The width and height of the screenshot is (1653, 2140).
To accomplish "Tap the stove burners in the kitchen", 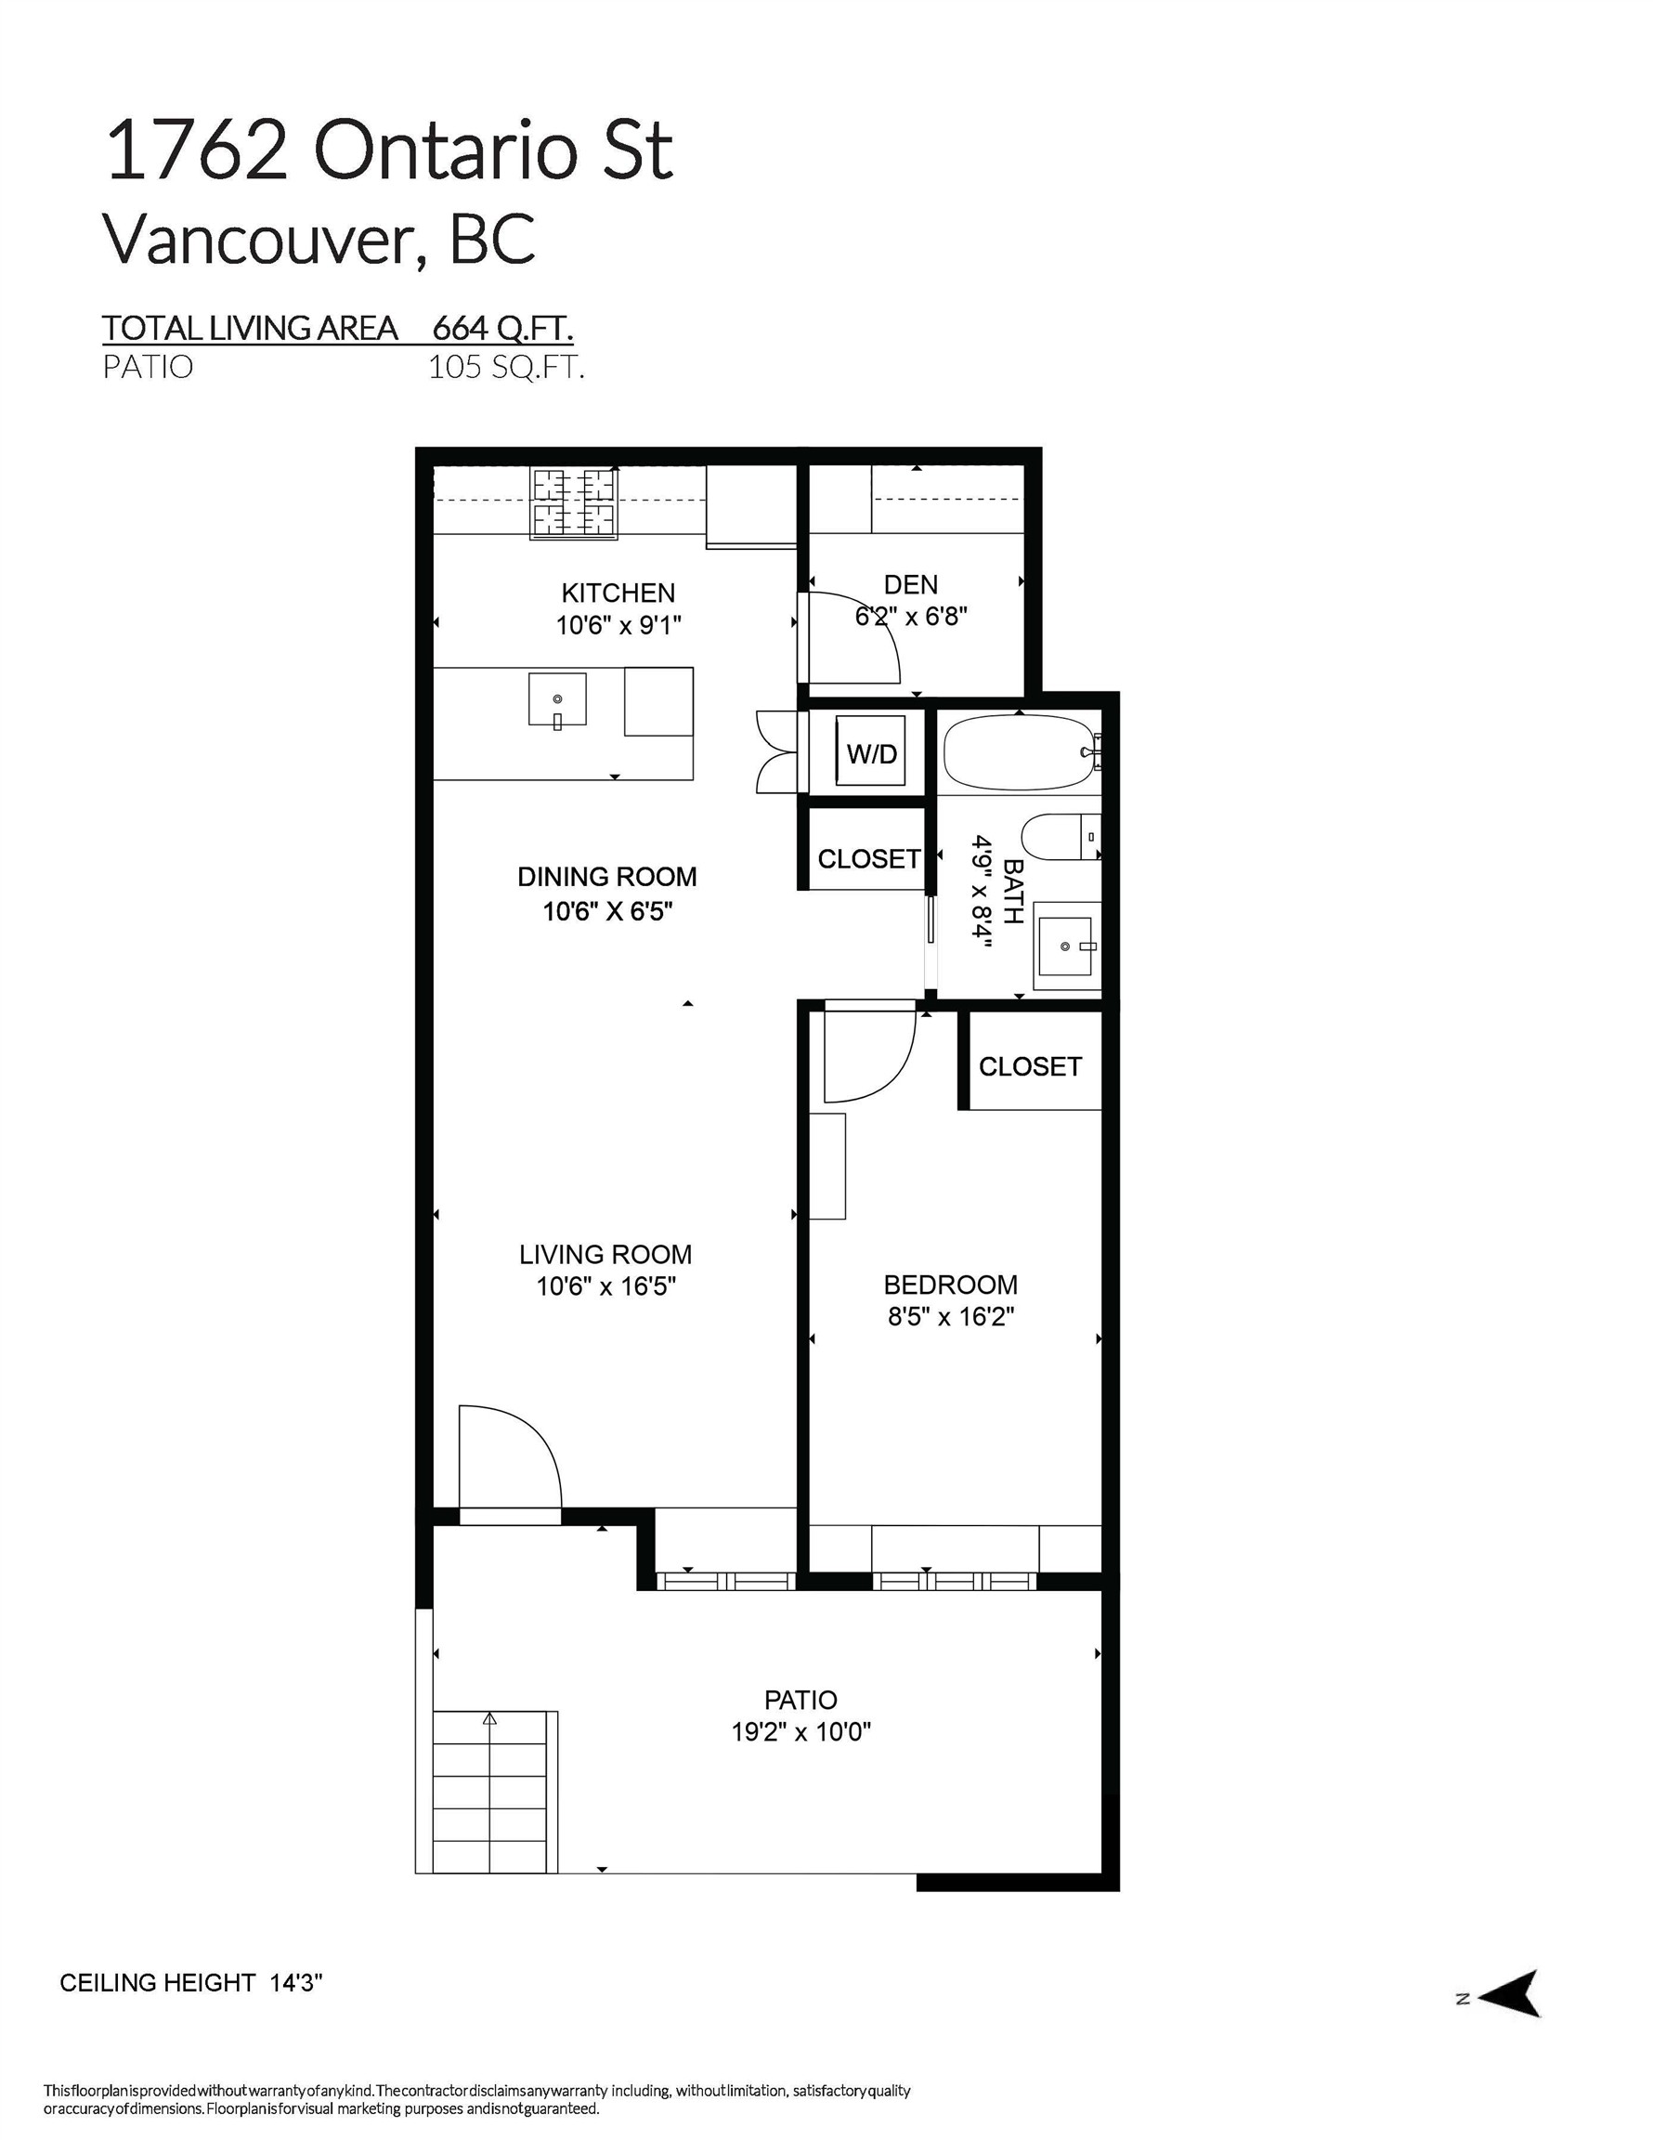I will tap(573, 503).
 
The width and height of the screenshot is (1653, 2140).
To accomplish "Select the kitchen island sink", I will tap(556, 698).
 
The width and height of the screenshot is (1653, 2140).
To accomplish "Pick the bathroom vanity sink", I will tap(1065, 946).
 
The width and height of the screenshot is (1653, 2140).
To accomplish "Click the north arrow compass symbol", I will tap(1510, 1993).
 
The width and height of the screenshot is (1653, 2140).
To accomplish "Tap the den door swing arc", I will tap(863, 637).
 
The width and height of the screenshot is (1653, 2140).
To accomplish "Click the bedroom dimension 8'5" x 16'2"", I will tap(949, 1316).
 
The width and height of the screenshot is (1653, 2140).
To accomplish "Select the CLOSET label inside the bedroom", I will tap(1030, 1066).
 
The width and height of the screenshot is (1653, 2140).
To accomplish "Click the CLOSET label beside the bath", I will tap(868, 858).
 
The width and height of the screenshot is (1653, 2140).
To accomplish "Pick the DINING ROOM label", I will tap(606, 877).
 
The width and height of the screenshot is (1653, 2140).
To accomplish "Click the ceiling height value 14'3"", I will tap(296, 1982).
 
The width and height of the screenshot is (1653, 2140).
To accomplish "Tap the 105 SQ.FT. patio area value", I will tap(505, 368).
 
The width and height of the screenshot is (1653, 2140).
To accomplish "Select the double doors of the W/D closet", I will tap(776, 751).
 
